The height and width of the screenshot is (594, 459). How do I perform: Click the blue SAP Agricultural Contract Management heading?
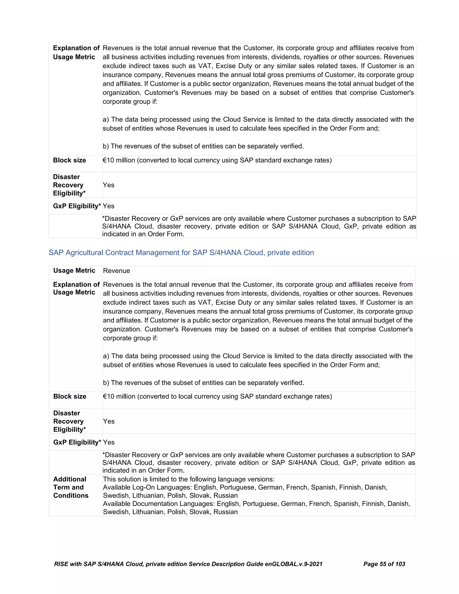coord(181,253)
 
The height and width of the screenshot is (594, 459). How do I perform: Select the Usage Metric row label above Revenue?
coord(74,271)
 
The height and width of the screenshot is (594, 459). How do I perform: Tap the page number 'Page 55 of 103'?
coord(384,564)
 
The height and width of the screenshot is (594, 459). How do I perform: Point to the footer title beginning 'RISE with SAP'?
coord(188,564)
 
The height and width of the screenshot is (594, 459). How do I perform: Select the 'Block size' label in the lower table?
coord(70,397)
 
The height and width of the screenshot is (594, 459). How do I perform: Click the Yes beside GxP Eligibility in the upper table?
coord(108,206)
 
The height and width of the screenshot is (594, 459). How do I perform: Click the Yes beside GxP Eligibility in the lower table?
coord(109,442)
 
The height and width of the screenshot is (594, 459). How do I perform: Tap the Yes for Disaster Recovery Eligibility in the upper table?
coord(108,185)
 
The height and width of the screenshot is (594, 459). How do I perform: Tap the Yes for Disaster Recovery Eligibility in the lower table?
coord(109,422)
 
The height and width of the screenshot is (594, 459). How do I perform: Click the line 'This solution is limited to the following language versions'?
coord(188,479)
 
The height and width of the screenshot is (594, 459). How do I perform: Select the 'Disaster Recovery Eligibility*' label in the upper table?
coord(69,185)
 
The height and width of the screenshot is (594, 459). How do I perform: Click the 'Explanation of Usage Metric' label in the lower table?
coord(76,288)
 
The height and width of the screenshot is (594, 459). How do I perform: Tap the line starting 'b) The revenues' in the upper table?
coord(203,146)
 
